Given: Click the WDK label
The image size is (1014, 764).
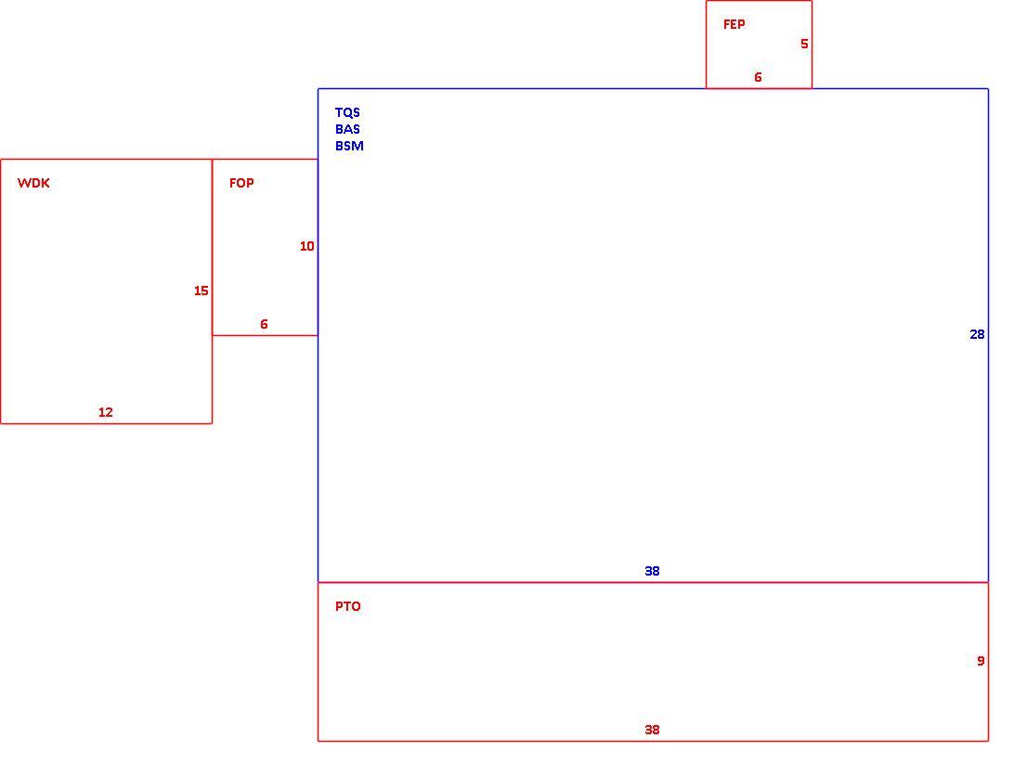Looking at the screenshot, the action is pos(33,183).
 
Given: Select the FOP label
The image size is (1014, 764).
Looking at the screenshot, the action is pos(241,183).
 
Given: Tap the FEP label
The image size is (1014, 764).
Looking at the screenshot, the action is pos(734,24).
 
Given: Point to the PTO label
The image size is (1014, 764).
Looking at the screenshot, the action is pos(348,606).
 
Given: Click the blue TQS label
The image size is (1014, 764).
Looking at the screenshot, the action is pos(347,112).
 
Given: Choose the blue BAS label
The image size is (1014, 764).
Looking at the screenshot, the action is pos(347,129).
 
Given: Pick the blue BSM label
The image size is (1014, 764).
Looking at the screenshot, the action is pos(349,146).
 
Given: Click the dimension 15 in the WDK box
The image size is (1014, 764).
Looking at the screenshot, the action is pos(201,291).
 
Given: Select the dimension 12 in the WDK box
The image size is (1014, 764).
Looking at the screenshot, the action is pos(106,412).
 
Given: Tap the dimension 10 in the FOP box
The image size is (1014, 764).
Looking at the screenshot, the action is pos(307,246).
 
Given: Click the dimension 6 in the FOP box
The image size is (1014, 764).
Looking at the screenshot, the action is pos(264,324).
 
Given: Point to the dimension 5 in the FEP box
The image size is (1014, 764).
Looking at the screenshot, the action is pos(804,44).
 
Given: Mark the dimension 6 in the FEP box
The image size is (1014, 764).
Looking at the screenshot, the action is pos(758,77).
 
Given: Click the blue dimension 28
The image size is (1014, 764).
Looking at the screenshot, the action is pos(977,334).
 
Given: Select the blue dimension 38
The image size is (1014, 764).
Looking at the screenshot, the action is pos(652,571).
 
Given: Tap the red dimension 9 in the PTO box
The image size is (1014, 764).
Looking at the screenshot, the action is pos(981,661).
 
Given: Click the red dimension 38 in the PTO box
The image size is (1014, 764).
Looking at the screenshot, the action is pos(652,730).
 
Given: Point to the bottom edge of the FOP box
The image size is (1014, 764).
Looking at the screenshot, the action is pos(266,335).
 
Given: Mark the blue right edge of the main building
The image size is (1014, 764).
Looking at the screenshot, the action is pos(988,335).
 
